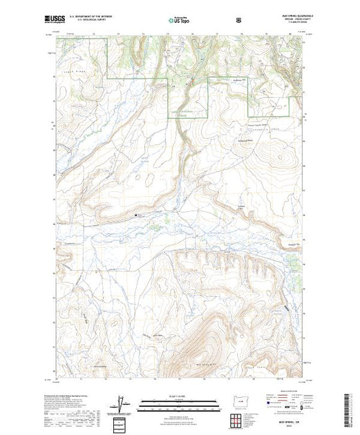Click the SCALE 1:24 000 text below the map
180,394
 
